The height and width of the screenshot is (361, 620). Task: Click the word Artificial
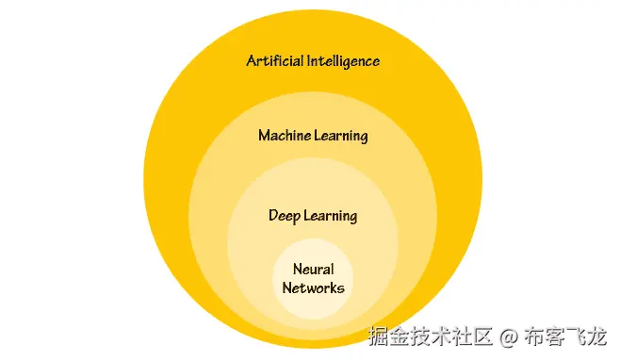click(274, 61)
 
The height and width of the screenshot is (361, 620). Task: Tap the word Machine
click(285, 136)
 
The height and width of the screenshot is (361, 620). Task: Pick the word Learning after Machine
click(340, 136)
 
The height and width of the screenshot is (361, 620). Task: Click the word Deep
click(285, 216)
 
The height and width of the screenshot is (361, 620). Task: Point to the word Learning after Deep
click(330, 216)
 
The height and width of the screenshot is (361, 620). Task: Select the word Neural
click(313, 270)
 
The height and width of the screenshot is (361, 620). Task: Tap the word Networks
click(313, 287)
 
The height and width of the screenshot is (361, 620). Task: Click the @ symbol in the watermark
click(508, 336)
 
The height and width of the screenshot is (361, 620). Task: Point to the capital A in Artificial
click(252, 61)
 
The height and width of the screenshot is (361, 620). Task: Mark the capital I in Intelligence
click(306, 61)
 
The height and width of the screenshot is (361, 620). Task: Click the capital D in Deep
click(273, 216)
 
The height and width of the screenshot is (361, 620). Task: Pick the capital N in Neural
click(297, 270)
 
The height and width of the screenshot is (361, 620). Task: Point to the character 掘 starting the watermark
click(375, 336)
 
